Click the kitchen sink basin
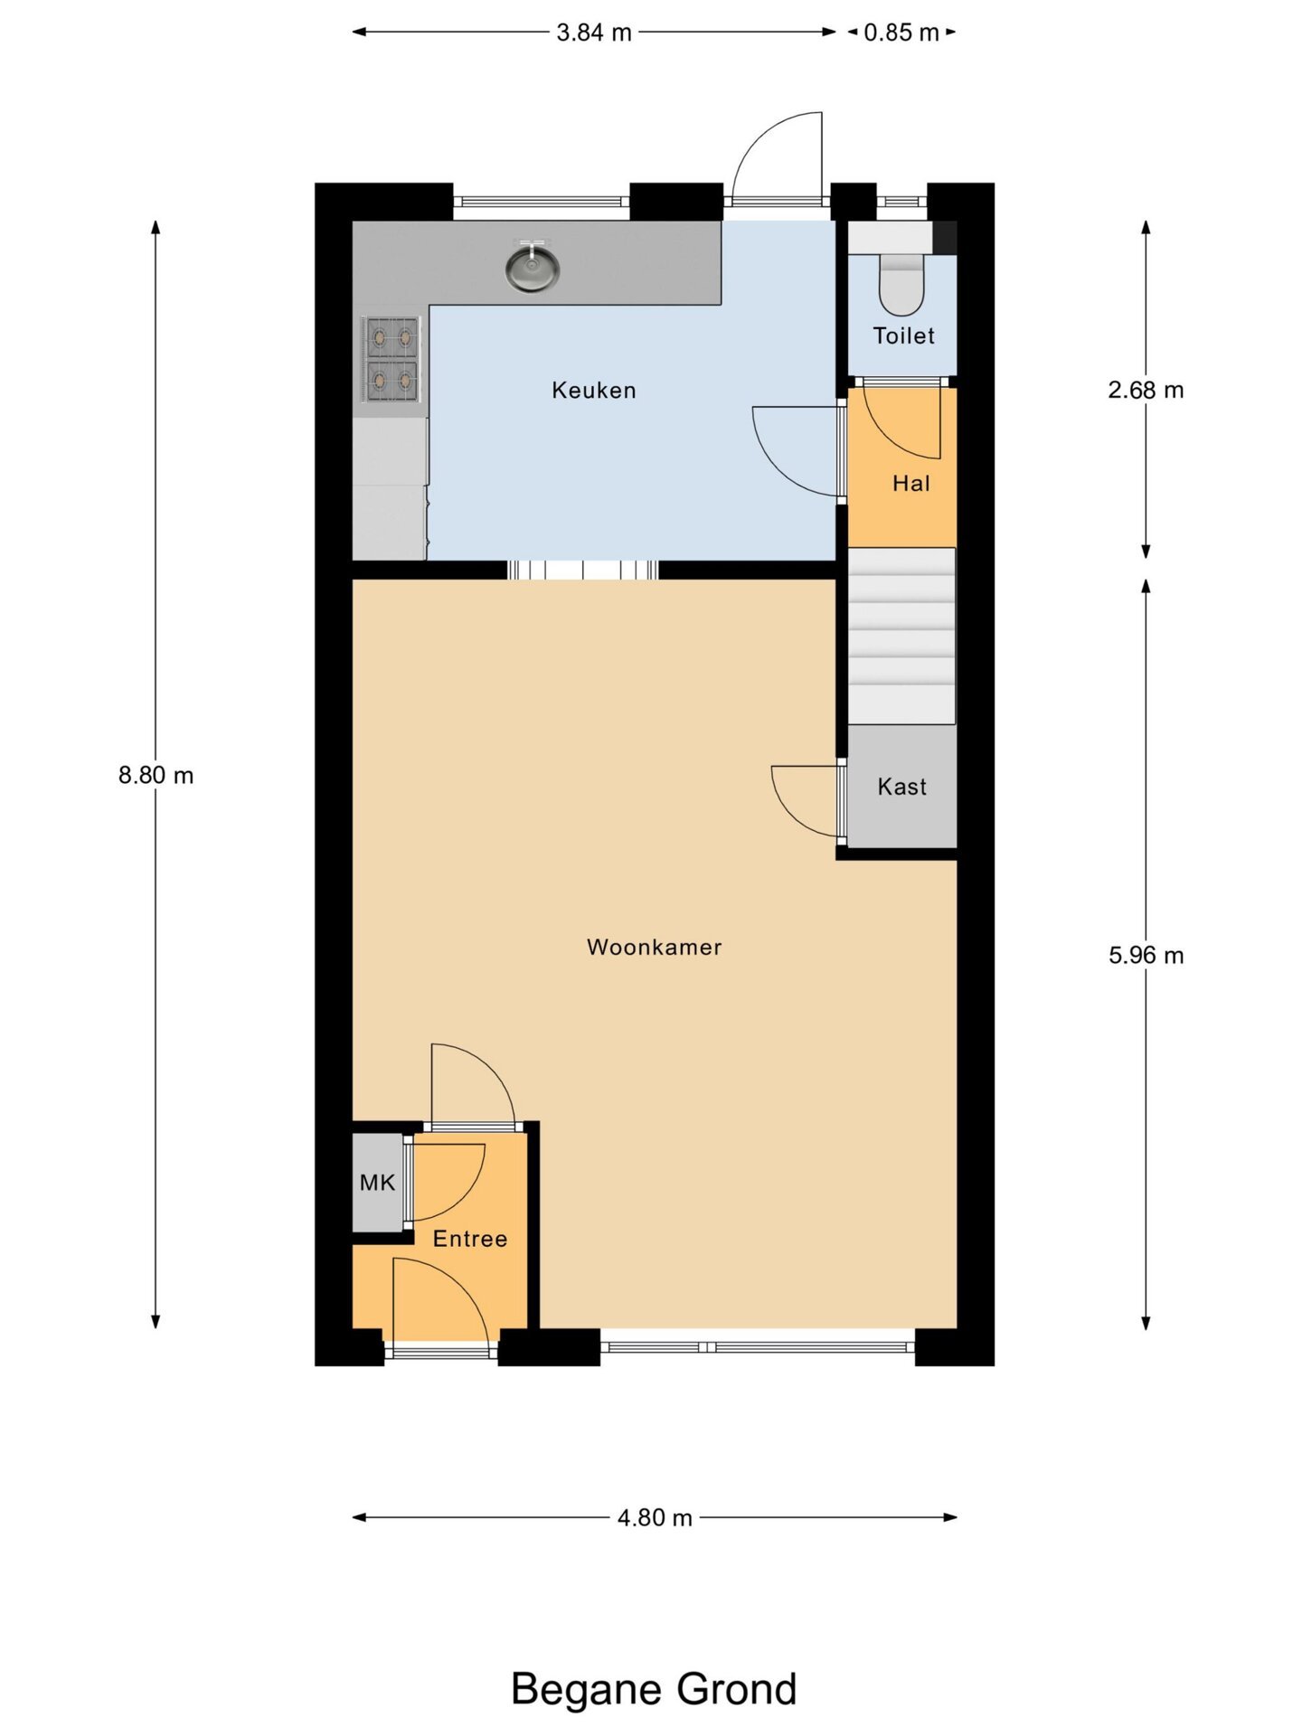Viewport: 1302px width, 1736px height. pyautogui.click(x=532, y=269)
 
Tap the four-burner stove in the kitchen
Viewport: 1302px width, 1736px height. pyautogui.click(x=392, y=359)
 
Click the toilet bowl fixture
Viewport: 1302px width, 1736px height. pyautogui.click(x=901, y=284)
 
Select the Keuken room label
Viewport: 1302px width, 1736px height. pyautogui.click(x=594, y=391)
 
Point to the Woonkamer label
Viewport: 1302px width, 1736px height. pyautogui.click(x=655, y=948)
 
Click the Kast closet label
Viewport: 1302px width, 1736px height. pyautogui.click(x=902, y=787)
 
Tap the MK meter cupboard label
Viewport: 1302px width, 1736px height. pyautogui.click(x=377, y=1183)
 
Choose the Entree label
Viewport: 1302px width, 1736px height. pyautogui.click(x=470, y=1239)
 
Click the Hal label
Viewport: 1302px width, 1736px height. pyautogui.click(x=911, y=484)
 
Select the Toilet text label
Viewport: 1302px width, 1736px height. pyautogui.click(x=904, y=336)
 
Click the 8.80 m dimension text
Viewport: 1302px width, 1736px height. pyautogui.click(x=156, y=776)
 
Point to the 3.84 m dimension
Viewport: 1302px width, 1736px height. pyautogui.click(x=594, y=33)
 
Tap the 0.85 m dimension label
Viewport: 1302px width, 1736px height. pyautogui.click(x=901, y=33)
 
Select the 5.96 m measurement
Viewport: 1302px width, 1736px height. pyautogui.click(x=1146, y=956)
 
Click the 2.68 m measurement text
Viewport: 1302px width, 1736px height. pyautogui.click(x=1146, y=390)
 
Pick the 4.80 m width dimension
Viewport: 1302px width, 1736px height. pyautogui.click(x=655, y=1518)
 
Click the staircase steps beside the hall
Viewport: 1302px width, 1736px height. pyautogui.click(x=901, y=636)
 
